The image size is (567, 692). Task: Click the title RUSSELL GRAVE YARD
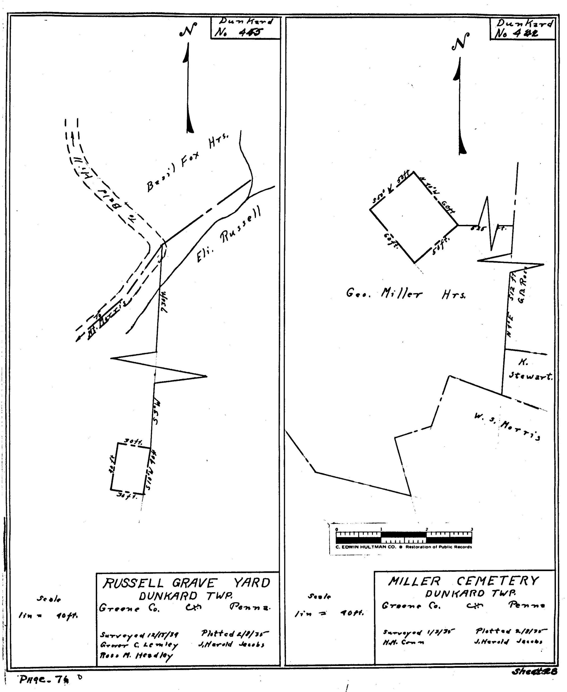pyautogui.click(x=186, y=583)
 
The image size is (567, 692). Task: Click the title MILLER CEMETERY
pyautogui.click(x=463, y=581)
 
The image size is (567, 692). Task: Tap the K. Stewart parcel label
pyautogui.click(x=529, y=370)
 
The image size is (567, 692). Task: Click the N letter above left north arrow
pyautogui.click(x=188, y=30)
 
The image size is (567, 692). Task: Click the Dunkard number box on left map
pyautogui.click(x=245, y=28)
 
